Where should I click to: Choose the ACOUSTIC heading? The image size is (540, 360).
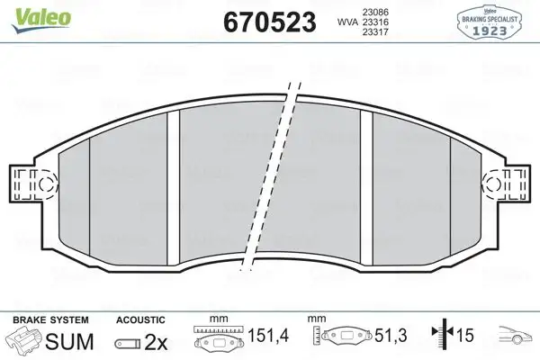point(140,319)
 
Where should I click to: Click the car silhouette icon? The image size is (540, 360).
point(517,340)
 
